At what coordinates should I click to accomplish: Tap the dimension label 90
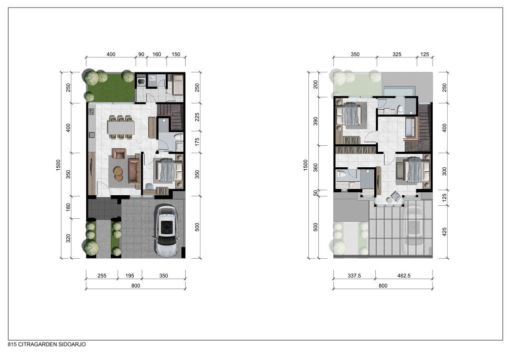pos(141,54)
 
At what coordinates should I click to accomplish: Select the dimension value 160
pos(157,54)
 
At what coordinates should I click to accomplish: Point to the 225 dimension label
pos(197,117)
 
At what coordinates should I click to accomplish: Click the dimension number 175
pos(197,142)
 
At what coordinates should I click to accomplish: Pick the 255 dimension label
pos(102,276)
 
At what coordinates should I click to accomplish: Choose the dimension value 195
pos(130,276)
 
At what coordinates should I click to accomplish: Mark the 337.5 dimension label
pos(354,276)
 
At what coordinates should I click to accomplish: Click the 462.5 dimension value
pos(404,276)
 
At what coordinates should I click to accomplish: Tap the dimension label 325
pos(397,54)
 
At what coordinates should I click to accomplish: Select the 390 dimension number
pos(315,121)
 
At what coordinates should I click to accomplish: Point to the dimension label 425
pos(445,232)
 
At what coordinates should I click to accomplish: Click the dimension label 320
pos(68,238)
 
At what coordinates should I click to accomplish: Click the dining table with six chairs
pos(121,127)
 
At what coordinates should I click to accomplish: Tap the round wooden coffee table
pos(119,173)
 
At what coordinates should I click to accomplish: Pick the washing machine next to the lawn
pos(141,81)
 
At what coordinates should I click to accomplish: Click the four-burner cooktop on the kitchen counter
pos(91,112)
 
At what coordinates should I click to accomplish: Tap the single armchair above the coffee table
pos(119,154)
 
